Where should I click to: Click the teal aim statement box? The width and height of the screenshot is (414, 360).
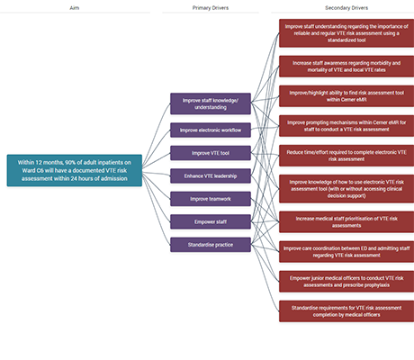75,169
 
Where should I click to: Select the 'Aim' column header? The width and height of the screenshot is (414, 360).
75,7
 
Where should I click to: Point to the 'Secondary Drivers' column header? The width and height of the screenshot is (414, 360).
346,7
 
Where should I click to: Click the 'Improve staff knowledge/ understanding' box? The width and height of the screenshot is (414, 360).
211,103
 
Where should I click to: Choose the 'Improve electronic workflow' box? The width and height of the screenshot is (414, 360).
211,130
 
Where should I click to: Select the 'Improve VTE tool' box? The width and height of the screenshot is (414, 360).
211,152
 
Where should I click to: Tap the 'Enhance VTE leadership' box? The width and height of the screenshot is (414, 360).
211,175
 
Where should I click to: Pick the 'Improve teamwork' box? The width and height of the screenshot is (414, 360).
211,198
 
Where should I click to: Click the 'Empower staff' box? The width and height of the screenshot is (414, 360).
211,220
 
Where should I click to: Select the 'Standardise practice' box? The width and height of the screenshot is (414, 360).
211,243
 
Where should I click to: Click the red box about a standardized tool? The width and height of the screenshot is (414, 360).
346,32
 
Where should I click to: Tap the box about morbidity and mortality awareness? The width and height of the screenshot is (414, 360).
346,66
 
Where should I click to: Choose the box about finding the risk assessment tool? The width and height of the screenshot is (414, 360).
346,94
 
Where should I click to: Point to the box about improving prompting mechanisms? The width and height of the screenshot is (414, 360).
346,125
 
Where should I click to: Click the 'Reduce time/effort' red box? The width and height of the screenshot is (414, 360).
346,155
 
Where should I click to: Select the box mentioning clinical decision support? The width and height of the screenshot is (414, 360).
346,187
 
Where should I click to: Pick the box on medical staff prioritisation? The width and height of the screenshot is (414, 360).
346,220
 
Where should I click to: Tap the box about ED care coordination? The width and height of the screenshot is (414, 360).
346,250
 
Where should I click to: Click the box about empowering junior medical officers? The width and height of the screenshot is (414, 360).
346,280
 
